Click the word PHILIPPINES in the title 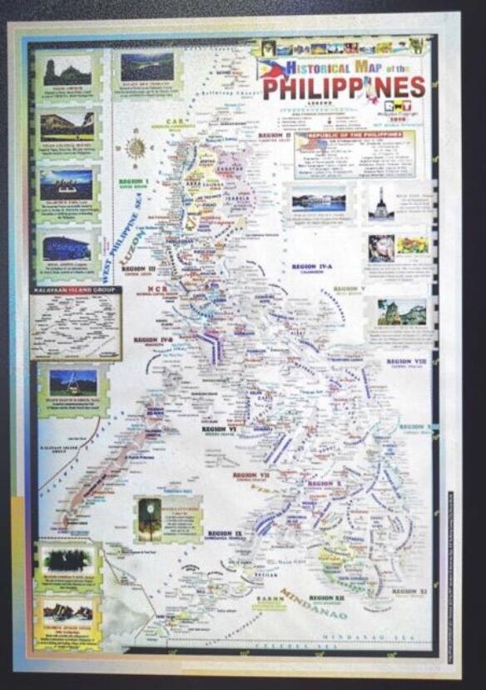(345, 87)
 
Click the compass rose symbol (135, 149)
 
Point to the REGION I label (134, 182)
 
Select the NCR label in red (157, 288)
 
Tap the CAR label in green (174, 122)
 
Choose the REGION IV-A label (312, 267)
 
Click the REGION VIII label (406, 362)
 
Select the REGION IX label (225, 532)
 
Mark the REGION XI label (409, 591)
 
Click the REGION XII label (326, 597)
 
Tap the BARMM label (269, 598)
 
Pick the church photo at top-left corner (67, 72)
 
